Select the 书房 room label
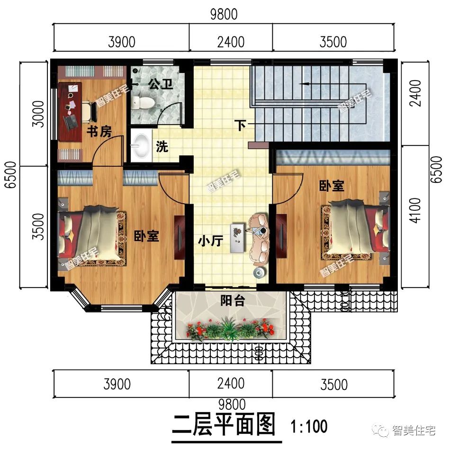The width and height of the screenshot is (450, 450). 99,132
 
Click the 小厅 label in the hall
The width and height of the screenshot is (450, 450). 210,241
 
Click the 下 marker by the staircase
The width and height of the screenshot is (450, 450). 241,126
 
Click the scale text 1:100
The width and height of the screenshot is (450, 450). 309,426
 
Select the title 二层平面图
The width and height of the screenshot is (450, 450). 224,424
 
